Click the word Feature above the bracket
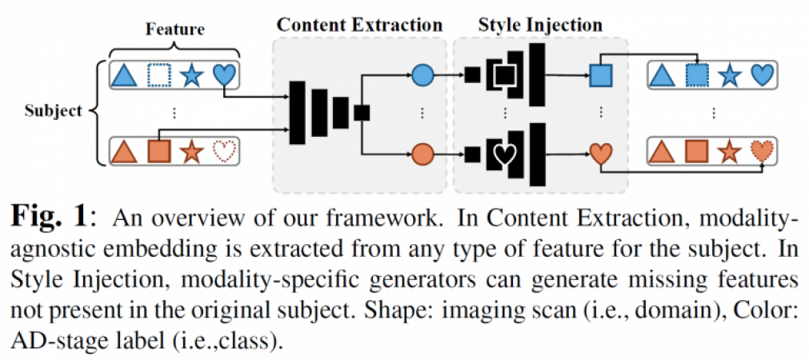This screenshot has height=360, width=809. (174, 30)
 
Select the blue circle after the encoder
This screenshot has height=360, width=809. (423, 76)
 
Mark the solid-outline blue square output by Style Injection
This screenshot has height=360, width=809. (600, 76)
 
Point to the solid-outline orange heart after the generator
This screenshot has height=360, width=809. (600, 152)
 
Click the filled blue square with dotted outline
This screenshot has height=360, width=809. (697, 76)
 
